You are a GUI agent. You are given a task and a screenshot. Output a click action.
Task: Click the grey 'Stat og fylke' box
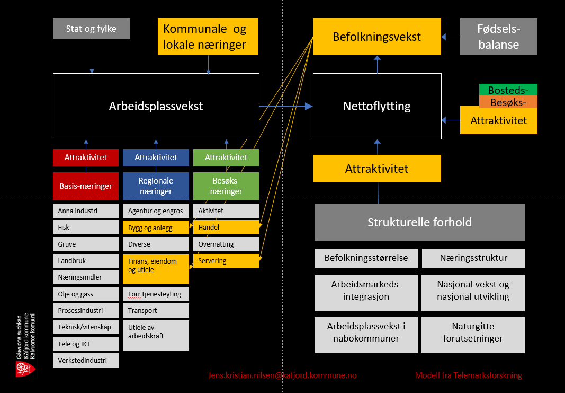click(x=91, y=29)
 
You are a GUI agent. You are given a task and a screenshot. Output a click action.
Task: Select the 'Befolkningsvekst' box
click(x=376, y=37)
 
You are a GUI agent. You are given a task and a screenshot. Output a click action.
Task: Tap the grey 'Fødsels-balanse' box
click(x=498, y=37)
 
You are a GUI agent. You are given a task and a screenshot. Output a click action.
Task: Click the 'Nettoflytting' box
click(x=376, y=106)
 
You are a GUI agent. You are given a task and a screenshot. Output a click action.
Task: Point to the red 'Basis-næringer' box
click(x=85, y=186)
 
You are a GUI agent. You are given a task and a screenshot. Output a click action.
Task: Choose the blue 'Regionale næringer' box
click(x=156, y=186)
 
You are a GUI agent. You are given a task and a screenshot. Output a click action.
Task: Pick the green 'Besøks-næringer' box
click(x=226, y=186)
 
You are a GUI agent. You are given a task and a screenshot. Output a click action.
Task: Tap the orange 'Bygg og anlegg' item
click(x=156, y=228)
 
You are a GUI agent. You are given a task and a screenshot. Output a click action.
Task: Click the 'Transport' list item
click(x=156, y=310)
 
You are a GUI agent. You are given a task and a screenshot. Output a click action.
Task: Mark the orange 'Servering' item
click(x=226, y=260)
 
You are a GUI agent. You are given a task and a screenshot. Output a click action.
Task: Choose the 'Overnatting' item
click(x=226, y=244)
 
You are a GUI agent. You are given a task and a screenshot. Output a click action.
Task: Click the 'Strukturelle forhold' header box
click(x=419, y=222)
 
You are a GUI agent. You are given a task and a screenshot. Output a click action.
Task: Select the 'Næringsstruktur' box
click(x=473, y=258)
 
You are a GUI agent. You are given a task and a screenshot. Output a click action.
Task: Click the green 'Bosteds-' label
click(x=508, y=90)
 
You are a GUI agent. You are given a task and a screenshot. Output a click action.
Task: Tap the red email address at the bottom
click(x=282, y=375)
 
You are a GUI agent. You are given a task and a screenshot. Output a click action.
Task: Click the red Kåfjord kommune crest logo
click(x=22, y=369)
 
